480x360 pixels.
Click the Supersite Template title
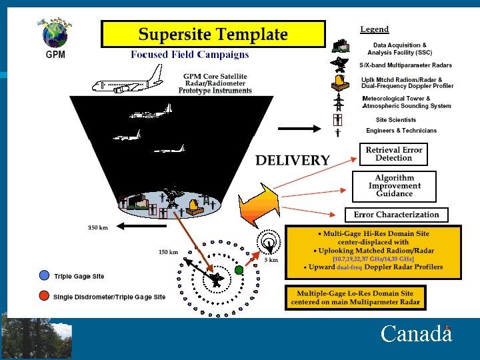[x=213, y=34]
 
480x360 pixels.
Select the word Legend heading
[x=375, y=29]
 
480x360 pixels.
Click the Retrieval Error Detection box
[x=393, y=154]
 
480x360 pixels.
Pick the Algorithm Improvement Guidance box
[x=394, y=186]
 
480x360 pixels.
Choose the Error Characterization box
[x=396, y=215]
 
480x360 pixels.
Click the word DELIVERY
[x=293, y=160]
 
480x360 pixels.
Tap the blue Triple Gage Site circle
[x=44, y=275]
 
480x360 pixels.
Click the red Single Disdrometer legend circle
[x=44, y=295]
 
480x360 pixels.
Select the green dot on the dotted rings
[x=239, y=270]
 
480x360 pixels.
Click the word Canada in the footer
[x=415, y=333]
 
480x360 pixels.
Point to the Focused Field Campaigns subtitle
[x=189, y=55]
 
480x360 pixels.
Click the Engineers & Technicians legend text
[x=401, y=131]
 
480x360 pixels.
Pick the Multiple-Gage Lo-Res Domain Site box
[x=355, y=297]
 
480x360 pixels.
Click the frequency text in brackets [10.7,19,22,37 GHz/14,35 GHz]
[x=373, y=259]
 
